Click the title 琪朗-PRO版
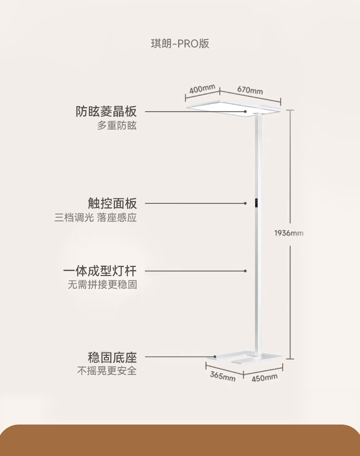pyautogui.click(x=180, y=44)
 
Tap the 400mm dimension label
pyautogui.click(x=202, y=88)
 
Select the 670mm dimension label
pyautogui.click(x=250, y=90)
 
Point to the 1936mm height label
pyautogui.click(x=288, y=233)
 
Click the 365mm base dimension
pyautogui.click(x=222, y=376)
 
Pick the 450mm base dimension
pyautogui.click(x=264, y=378)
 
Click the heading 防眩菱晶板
pyautogui.click(x=106, y=111)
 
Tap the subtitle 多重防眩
pyautogui.click(x=117, y=126)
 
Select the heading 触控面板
pyautogui.click(x=112, y=203)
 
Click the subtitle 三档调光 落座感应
pyautogui.click(x=96, y=218)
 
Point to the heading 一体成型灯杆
pyautogui.click(x=100, y=271)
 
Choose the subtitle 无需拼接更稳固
pyautogui.click(x=103, y=285)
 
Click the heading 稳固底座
pyautogui.click(x=112, y=357)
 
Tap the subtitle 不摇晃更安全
pyautogui.click(x=107, y=371)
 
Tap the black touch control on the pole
pyautogui.click(x=257, y=203)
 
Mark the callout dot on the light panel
pyautogui.click(x=245, y=111)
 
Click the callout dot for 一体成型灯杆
pyautogui.click(x=245, y=271)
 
